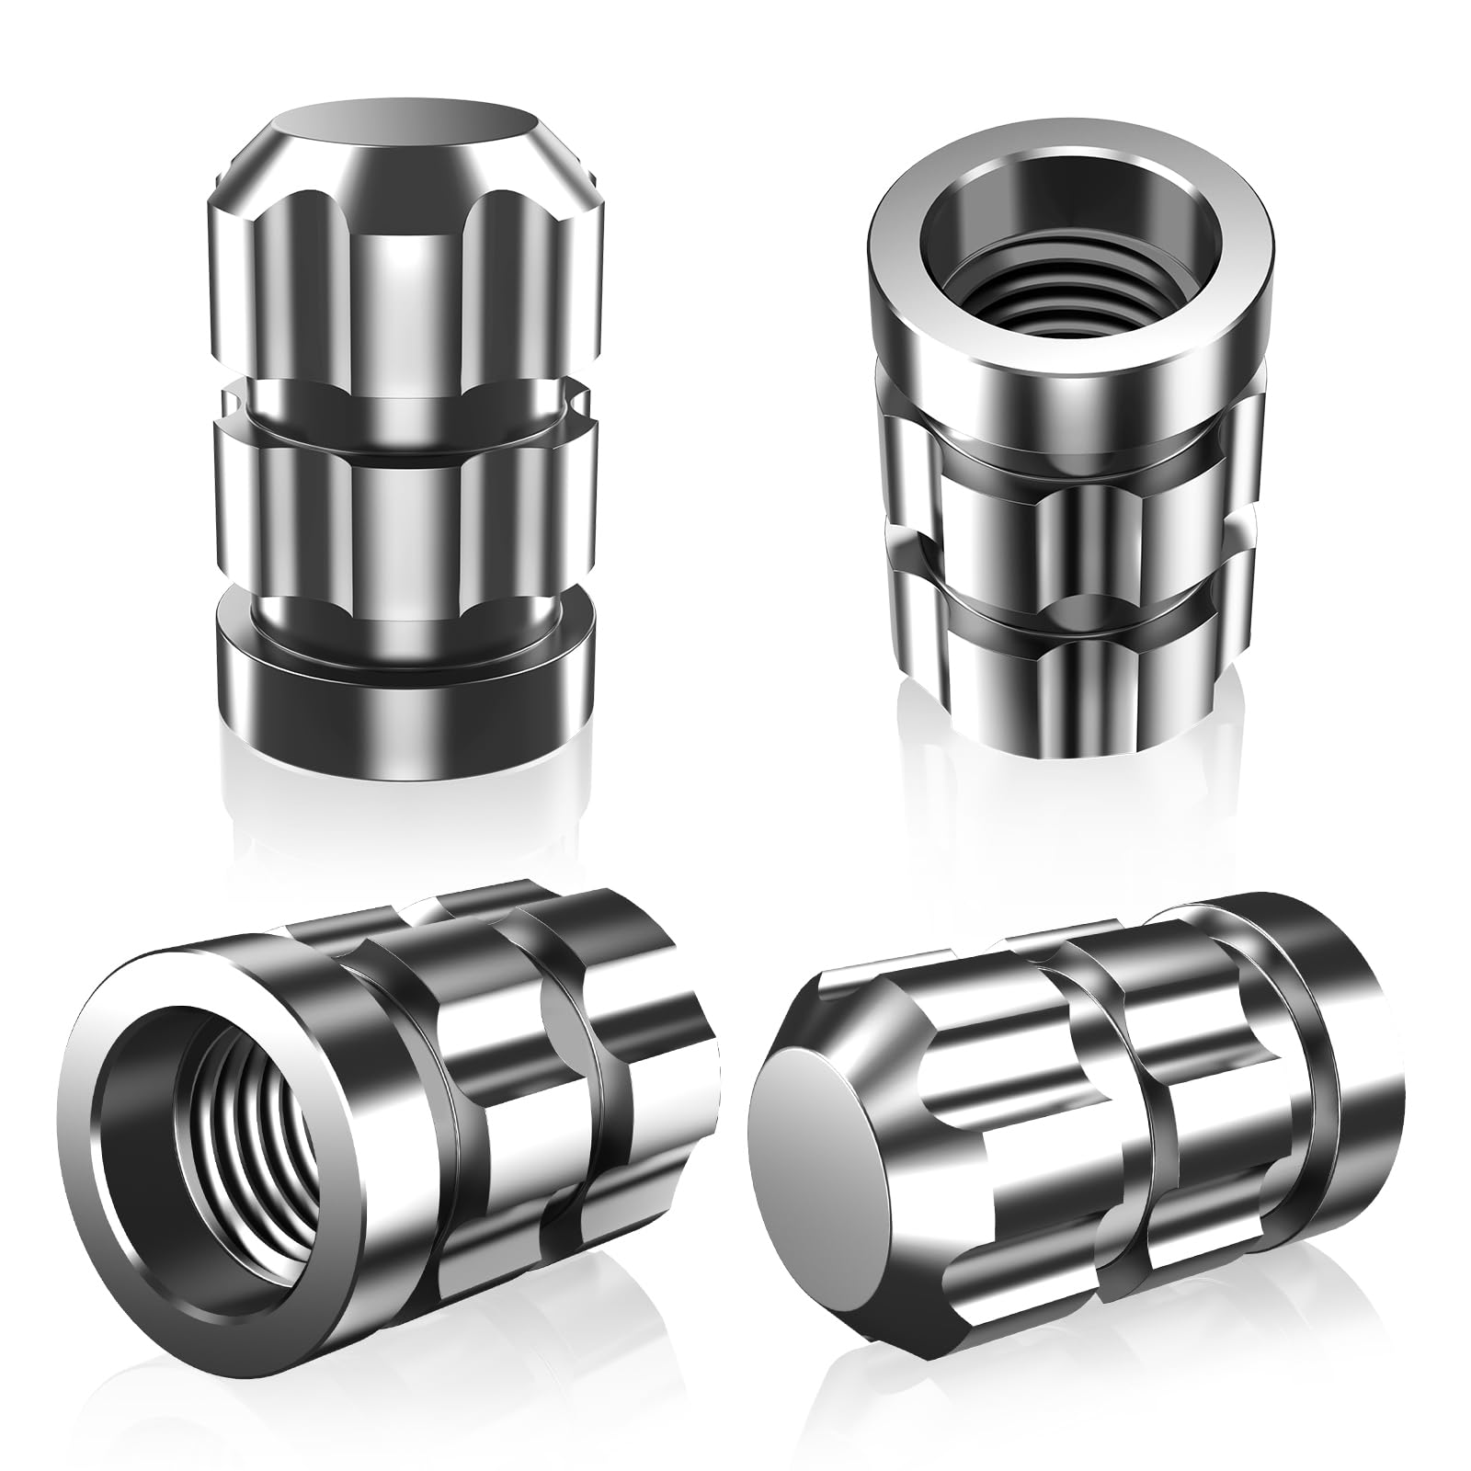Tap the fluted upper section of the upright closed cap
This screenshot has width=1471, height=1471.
tap(405, 257)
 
